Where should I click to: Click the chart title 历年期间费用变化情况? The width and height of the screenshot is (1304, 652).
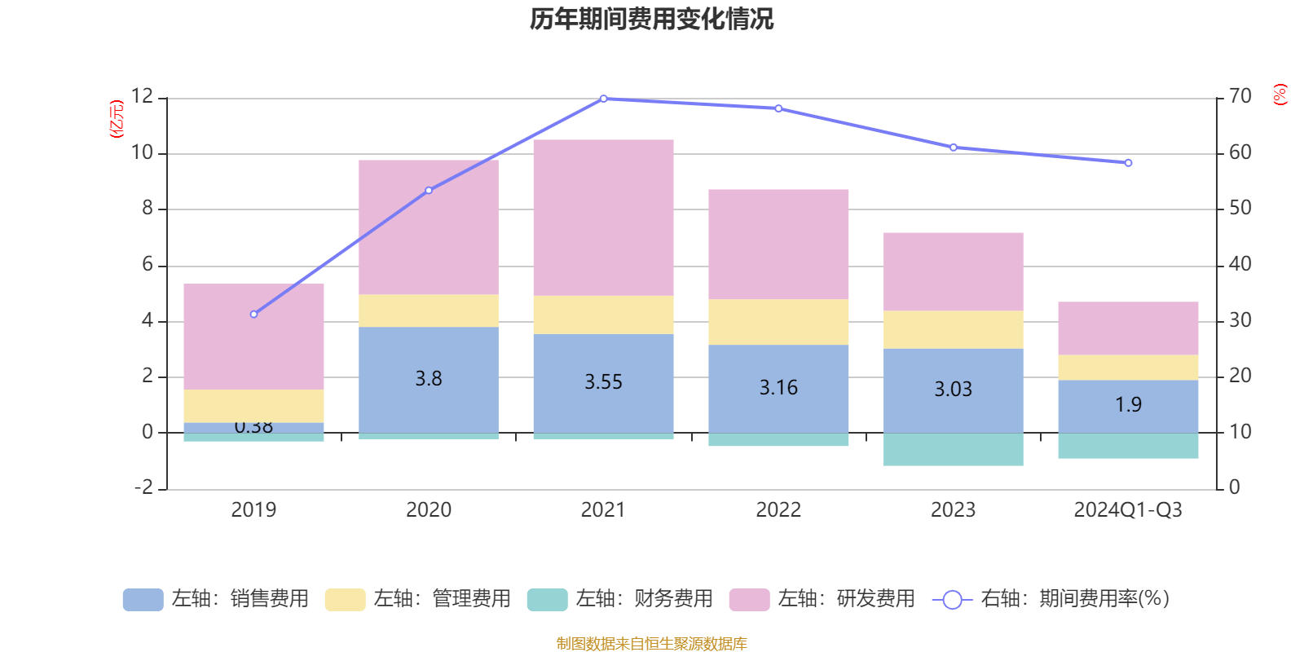(x=651, y=19)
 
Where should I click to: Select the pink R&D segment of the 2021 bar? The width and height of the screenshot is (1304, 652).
(x=603, y=217)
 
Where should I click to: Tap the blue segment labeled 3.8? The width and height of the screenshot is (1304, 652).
(x=429, y=379)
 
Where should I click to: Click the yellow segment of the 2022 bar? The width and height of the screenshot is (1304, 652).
(x=778, y=322)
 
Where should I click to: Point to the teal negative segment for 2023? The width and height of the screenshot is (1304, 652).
(x=953, y=449)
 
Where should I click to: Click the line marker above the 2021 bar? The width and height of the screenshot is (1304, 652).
(x=603, y=99)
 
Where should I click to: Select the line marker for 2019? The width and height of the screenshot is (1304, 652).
(x=254, y=314)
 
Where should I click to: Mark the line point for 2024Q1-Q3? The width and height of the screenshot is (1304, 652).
(x=1128, y=163)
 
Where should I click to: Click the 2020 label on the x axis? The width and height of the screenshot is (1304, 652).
(x=429, y=510)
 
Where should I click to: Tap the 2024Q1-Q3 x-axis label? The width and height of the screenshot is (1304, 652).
(x=1128, y=510)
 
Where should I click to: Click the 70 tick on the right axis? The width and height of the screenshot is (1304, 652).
(x=1240, y=97)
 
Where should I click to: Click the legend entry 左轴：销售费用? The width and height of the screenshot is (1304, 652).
(x=217, y=599)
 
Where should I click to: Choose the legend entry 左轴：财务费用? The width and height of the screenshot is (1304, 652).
(x=621, y=599)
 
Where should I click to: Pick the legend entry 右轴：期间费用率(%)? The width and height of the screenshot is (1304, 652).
(x=1051, y=599)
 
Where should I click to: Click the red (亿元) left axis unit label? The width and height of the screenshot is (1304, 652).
(x=117, y=119)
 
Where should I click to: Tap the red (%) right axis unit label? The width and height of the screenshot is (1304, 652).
(x=1280, y=95)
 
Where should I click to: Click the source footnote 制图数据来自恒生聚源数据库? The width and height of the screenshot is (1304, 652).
(x=651, y=644)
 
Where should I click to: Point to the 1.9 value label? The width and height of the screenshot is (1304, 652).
(x=1128, y=405)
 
